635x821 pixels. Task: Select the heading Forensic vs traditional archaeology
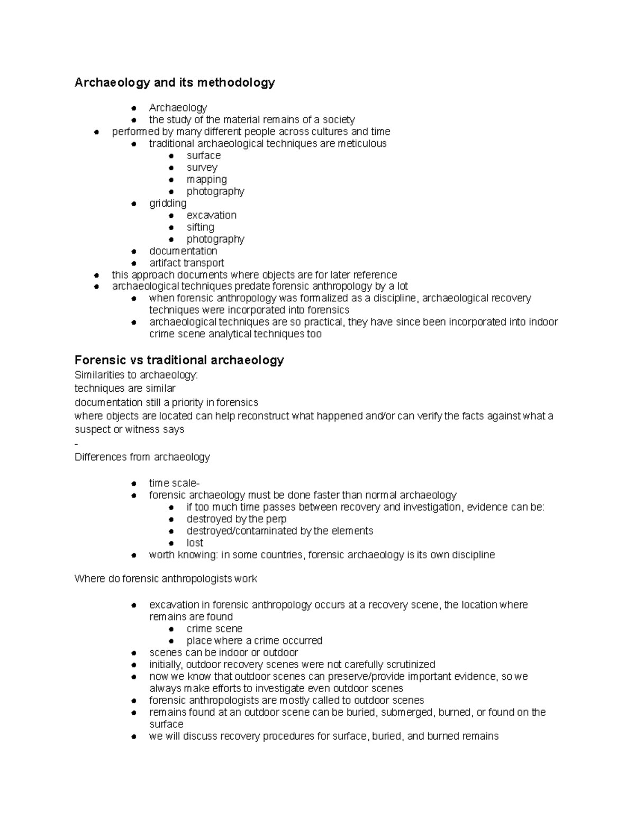click(179, 361)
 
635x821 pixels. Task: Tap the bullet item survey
click(202, 168)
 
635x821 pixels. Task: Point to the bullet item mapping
click(206, 180)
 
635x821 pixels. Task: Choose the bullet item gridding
click(168, 204)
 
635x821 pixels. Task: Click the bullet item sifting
click(200, 227)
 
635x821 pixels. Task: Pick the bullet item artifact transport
click(186, 263)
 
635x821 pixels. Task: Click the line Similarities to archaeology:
click(136, 375)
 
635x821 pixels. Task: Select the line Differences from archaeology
click(142, 457)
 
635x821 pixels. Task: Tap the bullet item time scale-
click(174, 483)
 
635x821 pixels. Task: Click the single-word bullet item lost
click(195, 543)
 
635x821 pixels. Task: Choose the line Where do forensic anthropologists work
click(166, 579)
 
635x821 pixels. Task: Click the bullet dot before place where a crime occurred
click(171, 641)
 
